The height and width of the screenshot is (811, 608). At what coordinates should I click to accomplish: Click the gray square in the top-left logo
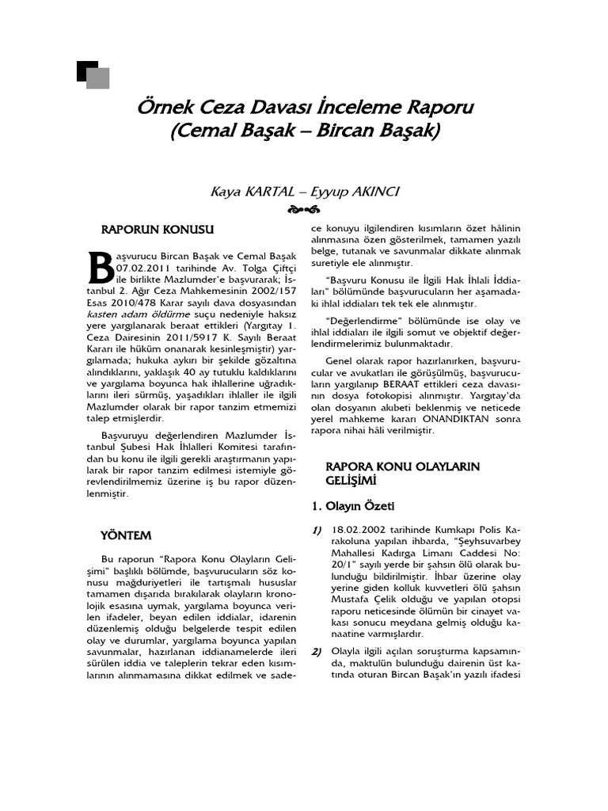[98, 78]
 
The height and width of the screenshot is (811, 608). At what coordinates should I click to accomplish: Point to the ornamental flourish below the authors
[304, 210]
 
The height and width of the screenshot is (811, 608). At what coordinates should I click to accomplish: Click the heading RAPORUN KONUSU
[158, 230]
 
